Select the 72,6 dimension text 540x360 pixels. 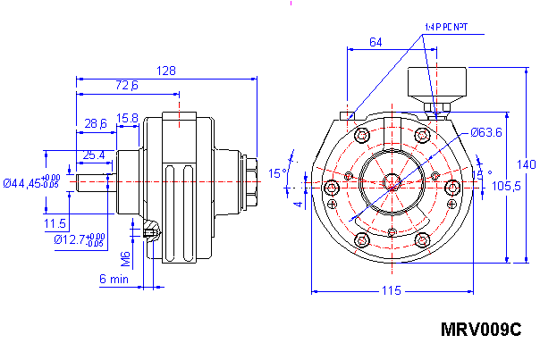point(127,86)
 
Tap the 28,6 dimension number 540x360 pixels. point(96,122)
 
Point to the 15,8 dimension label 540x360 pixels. point(127,117)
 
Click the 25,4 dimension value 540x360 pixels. point(93,155)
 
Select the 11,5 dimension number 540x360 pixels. point(55,222)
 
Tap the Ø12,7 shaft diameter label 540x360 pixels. point(72,239)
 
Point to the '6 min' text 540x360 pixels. point(114,279)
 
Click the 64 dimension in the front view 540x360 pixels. point(375,42)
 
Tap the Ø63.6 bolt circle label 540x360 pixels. point(486,132)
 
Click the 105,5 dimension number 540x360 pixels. point(507,186)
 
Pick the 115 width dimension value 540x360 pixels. point(390,290)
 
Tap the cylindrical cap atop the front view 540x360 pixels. point(436,85)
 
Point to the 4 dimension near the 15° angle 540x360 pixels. point(298,203)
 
